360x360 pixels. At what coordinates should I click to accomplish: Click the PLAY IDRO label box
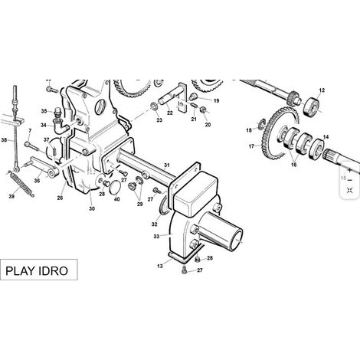[38, 270]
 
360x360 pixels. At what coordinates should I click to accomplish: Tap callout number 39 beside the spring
[11, 196]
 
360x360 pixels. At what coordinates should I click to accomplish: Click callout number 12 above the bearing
[322, 90]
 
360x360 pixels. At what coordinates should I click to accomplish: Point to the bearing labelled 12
[312, 106]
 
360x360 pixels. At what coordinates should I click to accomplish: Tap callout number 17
[251, 146]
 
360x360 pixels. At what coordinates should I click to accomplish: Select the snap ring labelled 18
[262, 124]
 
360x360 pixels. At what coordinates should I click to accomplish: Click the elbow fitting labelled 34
[61, 126]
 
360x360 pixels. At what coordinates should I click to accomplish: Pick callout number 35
[44, 111]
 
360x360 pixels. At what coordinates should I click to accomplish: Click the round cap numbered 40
[115, 186]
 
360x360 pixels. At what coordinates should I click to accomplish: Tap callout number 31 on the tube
[166, 165]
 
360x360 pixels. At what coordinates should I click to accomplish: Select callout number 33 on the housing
[156, 237]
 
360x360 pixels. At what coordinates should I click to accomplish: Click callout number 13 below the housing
[160, 267]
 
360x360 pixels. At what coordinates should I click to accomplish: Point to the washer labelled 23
[154, 106]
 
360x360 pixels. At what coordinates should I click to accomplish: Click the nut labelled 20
[203, 110]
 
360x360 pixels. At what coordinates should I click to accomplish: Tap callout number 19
[216, 100]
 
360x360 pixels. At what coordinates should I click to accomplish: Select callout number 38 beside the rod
[4, 140]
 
